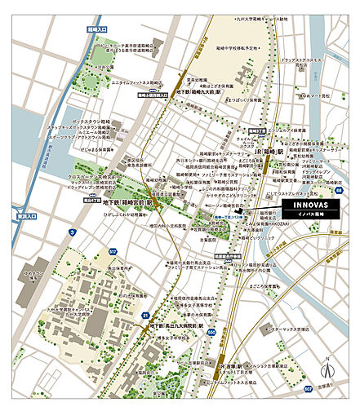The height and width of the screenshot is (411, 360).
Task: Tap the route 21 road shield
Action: click(144, 314)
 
